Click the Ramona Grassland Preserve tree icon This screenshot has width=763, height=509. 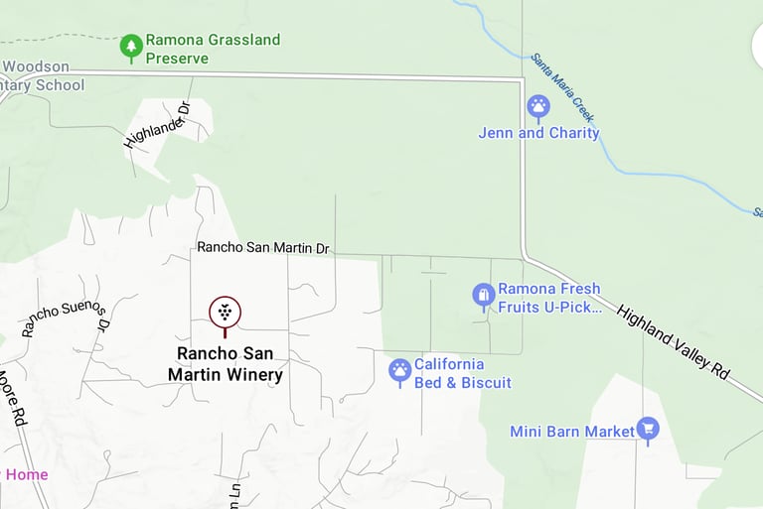click(131, 45)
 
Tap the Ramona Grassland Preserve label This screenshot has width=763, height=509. click(213, 50)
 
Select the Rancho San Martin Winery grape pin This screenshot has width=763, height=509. click(226, 312)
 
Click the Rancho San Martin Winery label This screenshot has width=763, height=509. click(226, 364)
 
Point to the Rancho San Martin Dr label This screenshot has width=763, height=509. click(262, 247)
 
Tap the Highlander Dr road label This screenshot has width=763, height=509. click(157, 125)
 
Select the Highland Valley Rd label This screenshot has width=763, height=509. click(674, 341)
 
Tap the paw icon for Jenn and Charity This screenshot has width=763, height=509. click(538, 105)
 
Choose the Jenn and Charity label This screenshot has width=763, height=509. click(538, 133)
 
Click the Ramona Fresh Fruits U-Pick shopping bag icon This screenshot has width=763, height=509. click(483, 295)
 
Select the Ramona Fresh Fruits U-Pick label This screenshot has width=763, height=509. click(549, 298)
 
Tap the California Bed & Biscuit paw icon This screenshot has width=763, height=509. click(399, 371)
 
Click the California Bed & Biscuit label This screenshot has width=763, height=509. click(462, 373)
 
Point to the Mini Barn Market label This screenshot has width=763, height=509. click(571, 432)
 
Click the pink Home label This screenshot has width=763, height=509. click(26, 474)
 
